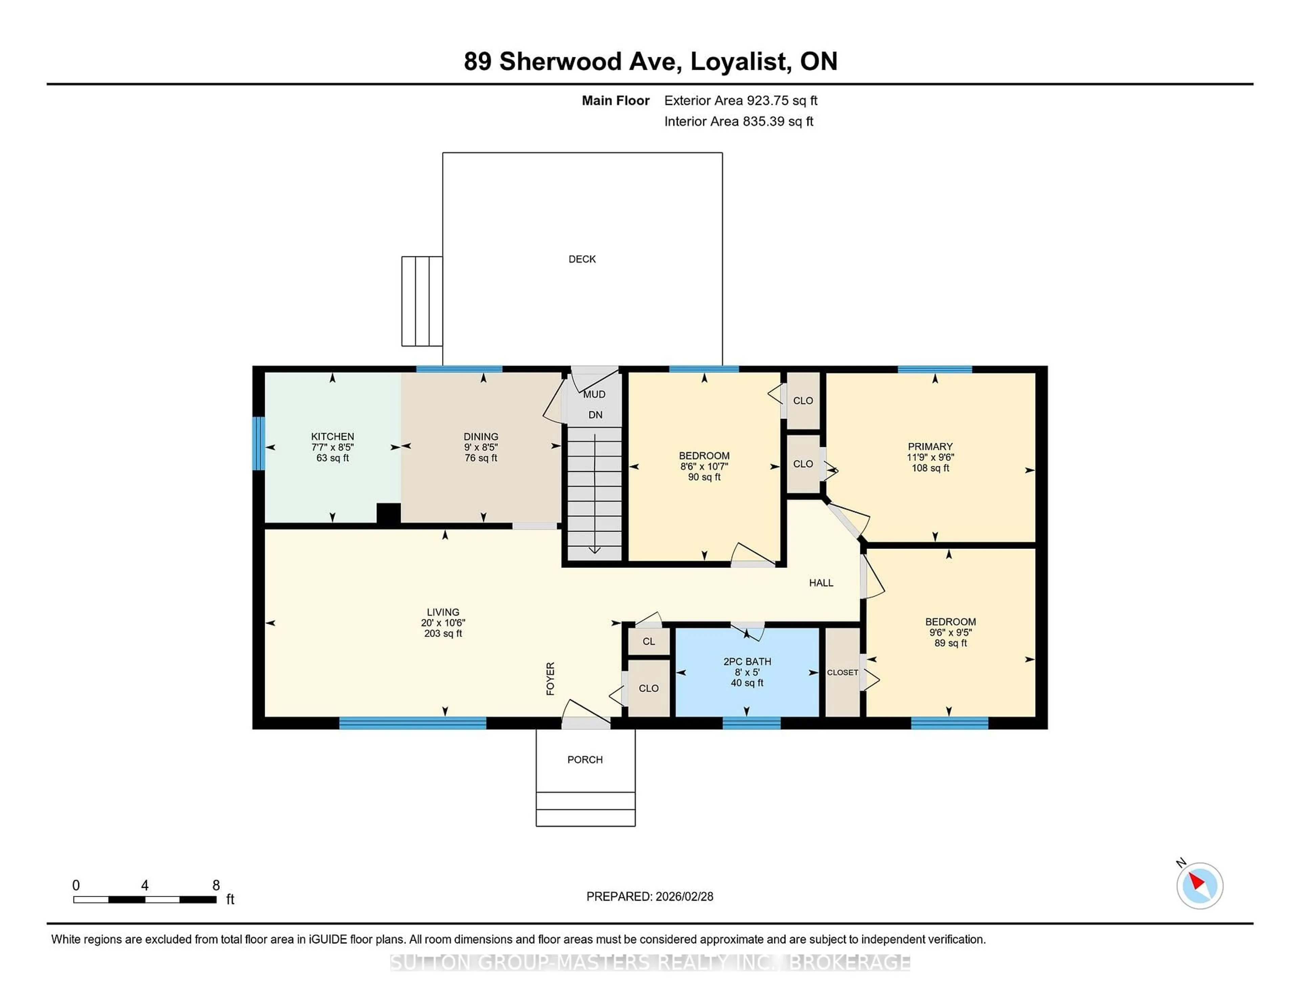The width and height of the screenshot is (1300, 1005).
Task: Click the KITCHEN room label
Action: (332, 436)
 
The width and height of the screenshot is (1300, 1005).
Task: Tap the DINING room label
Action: (481, 436)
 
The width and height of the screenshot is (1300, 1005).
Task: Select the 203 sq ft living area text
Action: (443, 634)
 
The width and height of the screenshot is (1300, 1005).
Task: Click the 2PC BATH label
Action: (747, 661)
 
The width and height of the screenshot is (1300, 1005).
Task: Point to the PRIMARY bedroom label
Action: (930, 447)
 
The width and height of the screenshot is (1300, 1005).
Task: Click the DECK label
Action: (582, 259)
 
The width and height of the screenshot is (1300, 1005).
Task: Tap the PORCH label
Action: (585, 760)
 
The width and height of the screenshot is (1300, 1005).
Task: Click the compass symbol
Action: (1199, 885)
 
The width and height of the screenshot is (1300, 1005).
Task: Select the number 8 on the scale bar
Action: (216, 885)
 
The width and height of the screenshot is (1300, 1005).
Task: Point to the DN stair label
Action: (595, 415)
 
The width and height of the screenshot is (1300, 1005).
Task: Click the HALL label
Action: (821, 583)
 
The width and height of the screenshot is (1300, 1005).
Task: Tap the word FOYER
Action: (550, 678)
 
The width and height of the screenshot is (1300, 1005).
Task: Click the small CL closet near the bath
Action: (649, 641)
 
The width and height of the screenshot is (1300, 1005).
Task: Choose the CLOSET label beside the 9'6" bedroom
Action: (842, 672)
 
